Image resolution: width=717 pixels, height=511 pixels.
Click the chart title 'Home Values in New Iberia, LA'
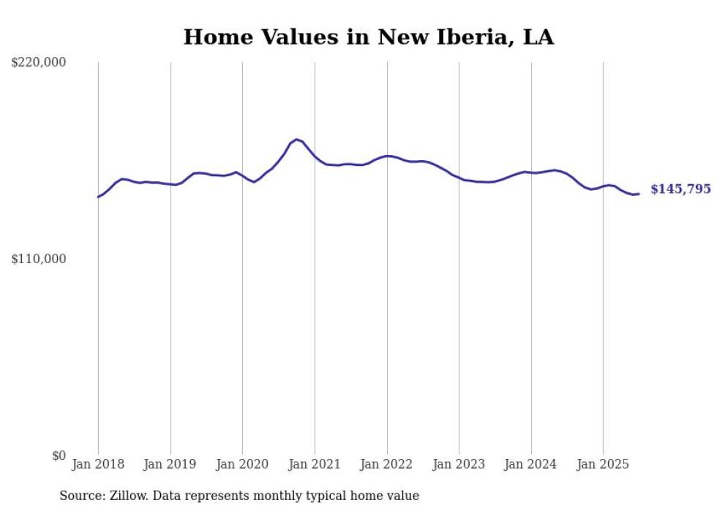(368, 37)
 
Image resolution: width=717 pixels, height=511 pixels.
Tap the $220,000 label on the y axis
(39, 63)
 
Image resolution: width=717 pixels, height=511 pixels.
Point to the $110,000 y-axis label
(39, 259)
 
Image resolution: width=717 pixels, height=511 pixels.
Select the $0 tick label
(59, 455)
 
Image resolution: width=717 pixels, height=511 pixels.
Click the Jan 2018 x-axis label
(98, 464)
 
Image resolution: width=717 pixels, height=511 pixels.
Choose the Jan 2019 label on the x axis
(170, 464)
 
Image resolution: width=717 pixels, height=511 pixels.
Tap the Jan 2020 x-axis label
(242, 464)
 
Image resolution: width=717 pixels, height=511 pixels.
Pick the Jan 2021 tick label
(315, 464)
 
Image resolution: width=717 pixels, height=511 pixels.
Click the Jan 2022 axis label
(387, 464)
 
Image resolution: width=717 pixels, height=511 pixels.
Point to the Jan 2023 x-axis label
(459, 464)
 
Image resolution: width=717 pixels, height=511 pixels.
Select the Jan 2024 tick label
(531, 464)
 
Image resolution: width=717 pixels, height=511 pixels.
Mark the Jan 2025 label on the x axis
(603, 464)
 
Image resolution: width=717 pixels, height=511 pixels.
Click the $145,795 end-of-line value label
(680, 189)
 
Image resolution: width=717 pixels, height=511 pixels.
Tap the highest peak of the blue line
(296, 139)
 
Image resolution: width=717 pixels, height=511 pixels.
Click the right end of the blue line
(639, 194)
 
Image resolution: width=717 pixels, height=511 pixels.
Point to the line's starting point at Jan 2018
(98, 197)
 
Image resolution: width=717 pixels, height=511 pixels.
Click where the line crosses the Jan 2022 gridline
(387, 156)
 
